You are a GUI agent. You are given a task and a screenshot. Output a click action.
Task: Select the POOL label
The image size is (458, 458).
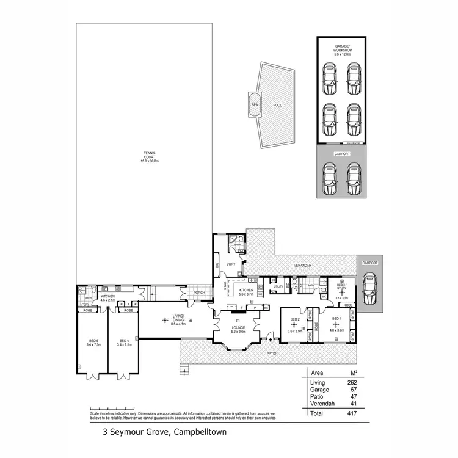click(277, 105)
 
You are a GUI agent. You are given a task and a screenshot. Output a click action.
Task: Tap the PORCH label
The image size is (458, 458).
click(199, 292)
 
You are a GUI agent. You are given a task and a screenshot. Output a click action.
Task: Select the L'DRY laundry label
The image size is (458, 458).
click(231, 264)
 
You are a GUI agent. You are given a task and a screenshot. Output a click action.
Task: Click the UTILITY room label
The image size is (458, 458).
click(278, 286)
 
